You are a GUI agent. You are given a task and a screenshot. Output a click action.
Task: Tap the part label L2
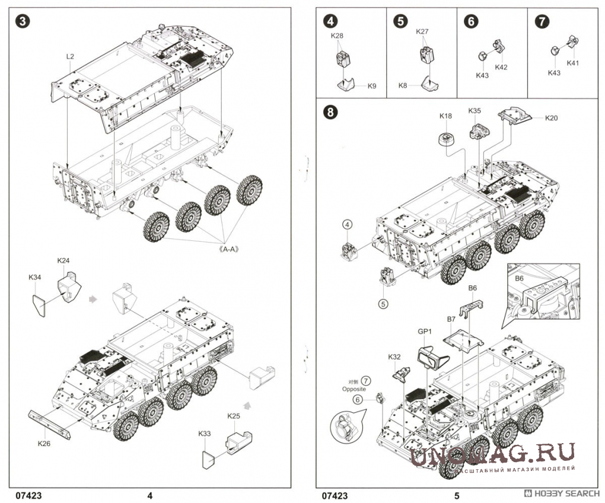point(70,56)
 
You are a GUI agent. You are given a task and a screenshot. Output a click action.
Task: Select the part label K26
point(44,443)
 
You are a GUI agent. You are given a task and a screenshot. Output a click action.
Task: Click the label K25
point(234,415)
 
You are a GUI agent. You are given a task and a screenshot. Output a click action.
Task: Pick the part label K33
point(205,434)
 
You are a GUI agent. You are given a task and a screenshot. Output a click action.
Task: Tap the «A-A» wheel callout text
point(228,249)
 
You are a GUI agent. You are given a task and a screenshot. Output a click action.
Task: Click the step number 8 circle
point(330,112)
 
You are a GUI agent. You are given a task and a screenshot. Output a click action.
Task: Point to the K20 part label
point(551,118)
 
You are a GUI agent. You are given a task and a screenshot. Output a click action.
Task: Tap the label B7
point(451,319)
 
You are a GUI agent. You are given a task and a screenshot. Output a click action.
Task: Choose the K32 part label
point(394,357)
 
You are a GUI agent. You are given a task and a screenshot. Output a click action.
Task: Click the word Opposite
point(354,389)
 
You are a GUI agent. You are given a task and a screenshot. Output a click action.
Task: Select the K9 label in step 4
point(372,86)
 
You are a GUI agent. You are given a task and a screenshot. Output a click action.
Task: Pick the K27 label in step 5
point(422,31)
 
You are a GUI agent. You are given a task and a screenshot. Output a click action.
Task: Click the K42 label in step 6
point(501,67)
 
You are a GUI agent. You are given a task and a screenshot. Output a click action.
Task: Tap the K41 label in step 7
point(572,63)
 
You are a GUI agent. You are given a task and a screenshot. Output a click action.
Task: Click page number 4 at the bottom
point(150,495)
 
